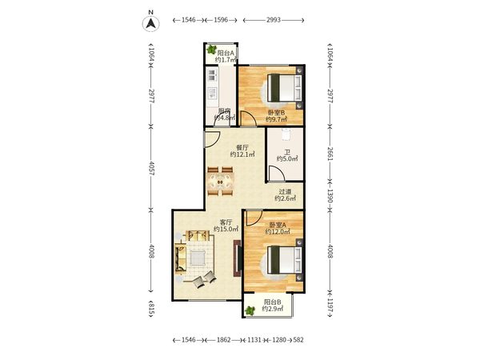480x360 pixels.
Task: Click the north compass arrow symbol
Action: [x=150, y=23]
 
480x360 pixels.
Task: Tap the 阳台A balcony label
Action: [x=226, y=53]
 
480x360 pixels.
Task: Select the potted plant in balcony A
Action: [x=211, y=50]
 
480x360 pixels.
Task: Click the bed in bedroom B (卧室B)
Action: [x=285, y=88]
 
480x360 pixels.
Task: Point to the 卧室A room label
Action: [x=278, y=225]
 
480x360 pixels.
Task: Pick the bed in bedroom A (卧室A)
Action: [x=285, y=260]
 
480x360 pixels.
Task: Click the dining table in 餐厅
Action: [x=220, y=182]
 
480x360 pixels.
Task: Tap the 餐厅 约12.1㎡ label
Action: [x=242, y=151]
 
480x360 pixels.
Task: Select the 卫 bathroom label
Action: [x=287, y=152]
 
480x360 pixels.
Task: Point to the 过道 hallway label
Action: [x=285, y=192]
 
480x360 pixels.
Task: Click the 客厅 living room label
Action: [x=226, y=222]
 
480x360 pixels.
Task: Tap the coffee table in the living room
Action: [x=198, y=258]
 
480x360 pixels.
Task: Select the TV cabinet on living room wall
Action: [x=238, y=258]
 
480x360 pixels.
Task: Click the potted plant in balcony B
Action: [x=250, y=310]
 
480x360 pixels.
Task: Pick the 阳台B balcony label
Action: [x=273, y=302]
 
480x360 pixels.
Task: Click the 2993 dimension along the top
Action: [x=274, y=20]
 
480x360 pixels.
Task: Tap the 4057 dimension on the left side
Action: [x=151, y=168]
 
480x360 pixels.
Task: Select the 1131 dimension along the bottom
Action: [x=254, y=340]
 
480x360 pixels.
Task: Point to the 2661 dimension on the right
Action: [x=330, y=154]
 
